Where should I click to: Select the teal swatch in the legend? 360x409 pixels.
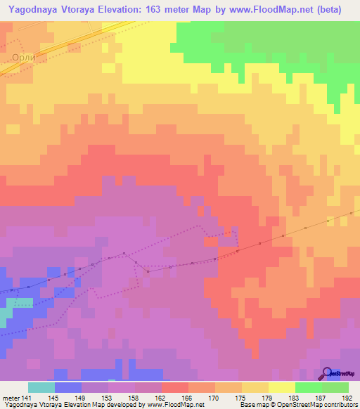41,387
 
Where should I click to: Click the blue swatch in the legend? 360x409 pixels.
67,387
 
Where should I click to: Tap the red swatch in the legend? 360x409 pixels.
174,387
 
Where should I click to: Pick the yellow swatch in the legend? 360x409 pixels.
281,387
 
